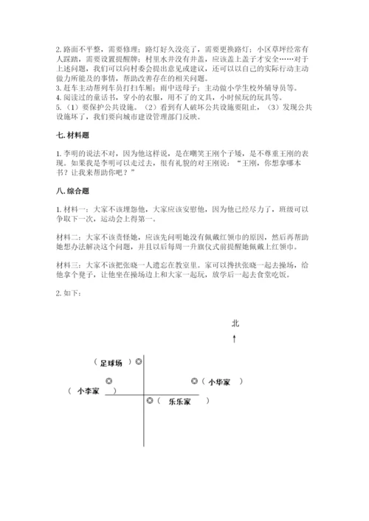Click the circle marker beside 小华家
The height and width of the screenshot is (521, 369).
point(194,381)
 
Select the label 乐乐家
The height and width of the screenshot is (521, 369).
point(179,402)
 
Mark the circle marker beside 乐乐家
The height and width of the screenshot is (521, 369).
point(151,401)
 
